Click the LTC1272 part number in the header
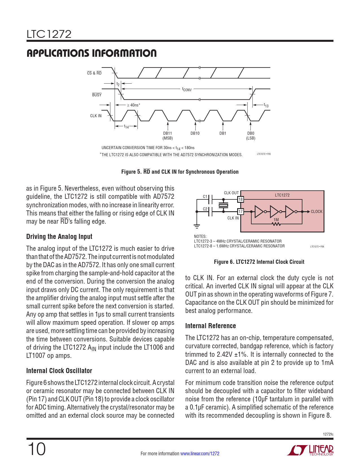[x=49, y=34]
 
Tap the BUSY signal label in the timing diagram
[x=97, y=95]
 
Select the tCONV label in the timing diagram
[x=187, y=90]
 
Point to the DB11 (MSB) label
[x=167, y=136]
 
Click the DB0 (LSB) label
[x=250, y=136]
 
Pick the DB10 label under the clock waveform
[x=195, y=133]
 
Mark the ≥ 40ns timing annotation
[x=133, y=105]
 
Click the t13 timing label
[x=266, y=105]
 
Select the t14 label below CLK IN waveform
[x=126, y=127]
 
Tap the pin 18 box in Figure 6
[x=240, y=199]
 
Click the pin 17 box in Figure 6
[x=240, y=212]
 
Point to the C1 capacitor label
[x=205, y=197]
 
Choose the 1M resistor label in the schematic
[x=276, y=220]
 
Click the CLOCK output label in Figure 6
[x=316, y=212]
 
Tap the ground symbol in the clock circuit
[x=197, y=226]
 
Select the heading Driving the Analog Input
[x=59, y=237]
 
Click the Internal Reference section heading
[x=210, y=326]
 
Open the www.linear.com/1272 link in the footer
[x=200, y=454]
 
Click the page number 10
[x=37, y=449]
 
